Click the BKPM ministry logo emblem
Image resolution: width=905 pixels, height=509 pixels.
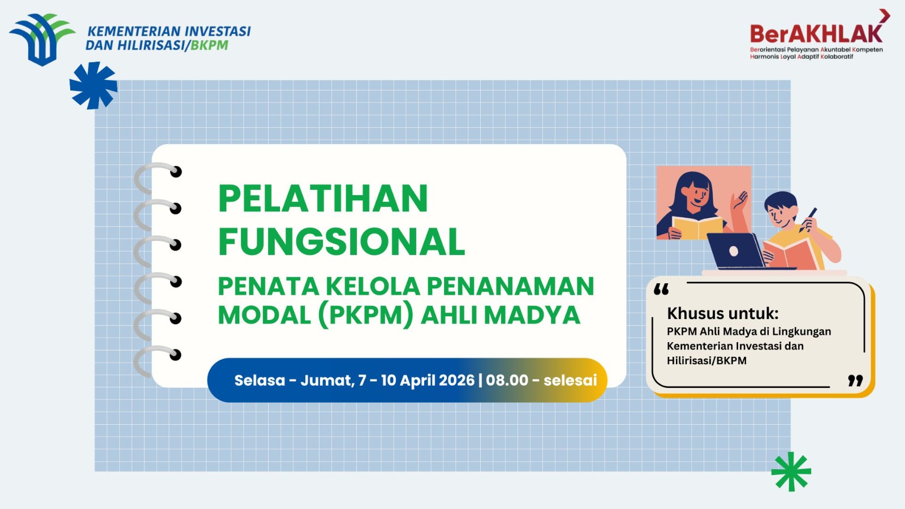tap(41, 39)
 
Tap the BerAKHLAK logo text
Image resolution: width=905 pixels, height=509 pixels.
tap(816, 34)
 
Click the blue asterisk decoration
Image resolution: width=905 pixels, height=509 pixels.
tap(93, 85)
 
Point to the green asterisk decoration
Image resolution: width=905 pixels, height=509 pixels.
tap(791, 471)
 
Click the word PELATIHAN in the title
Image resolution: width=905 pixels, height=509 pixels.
tap(323, 199)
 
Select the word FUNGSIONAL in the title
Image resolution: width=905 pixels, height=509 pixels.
tap(342, 242)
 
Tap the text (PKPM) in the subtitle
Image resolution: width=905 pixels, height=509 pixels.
tap(366, 315)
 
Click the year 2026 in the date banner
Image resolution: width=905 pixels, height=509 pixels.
tap(456, 380)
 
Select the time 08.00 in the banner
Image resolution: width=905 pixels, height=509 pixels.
tap(507, 380)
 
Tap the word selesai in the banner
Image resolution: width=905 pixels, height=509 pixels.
tap(570, 380)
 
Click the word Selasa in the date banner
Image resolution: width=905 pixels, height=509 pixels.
tap(260, 380)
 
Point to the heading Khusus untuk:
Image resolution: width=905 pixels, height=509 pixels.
tap(722, 313)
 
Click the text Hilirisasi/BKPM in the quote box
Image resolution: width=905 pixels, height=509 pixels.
tap(706, 361)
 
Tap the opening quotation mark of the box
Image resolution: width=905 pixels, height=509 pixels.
tap(661, 290)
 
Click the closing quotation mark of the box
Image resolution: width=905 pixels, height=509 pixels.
tap(855, 381)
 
